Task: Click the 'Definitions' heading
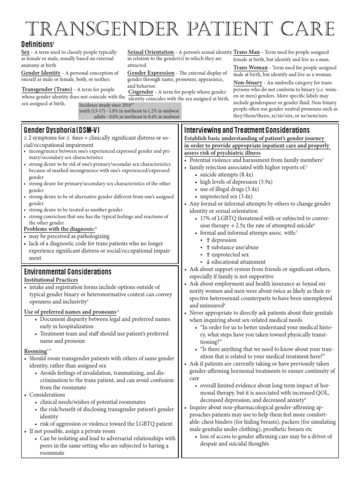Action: [x=37, y=44]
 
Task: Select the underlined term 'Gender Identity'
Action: [x=41, y=73]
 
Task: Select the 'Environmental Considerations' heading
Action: [x=67, y=271]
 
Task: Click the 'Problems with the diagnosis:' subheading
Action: [x=59, y=229]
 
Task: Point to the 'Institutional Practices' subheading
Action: [x=51, y=280]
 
